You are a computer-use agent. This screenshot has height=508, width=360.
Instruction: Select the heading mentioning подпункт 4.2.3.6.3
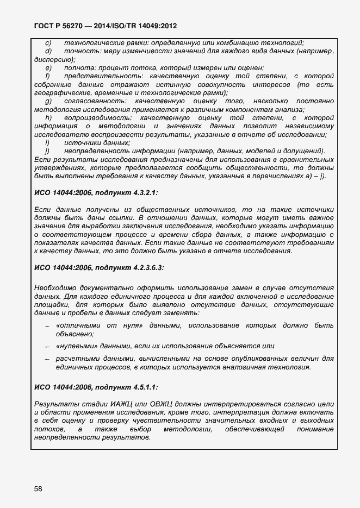click(99, 268)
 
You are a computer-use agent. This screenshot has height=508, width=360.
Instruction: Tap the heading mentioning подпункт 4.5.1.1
click(96, 387)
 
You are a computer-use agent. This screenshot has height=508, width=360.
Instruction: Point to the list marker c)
click(48, 43)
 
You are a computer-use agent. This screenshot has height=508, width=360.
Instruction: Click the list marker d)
click(48, 51)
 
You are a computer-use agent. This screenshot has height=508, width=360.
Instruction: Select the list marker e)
click(48, 68)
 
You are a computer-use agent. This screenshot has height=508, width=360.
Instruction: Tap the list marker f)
click(48, 76)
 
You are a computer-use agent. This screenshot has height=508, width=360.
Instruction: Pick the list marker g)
click(48, 101)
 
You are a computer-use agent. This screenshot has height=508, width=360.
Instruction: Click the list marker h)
click(48, 118)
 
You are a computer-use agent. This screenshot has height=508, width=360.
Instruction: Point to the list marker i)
click(47, 143)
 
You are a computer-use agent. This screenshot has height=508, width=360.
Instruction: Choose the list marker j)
click(47, 151)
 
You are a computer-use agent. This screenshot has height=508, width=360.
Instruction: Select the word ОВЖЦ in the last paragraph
click(157, 404)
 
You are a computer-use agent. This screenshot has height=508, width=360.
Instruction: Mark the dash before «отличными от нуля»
click(47, 326)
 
